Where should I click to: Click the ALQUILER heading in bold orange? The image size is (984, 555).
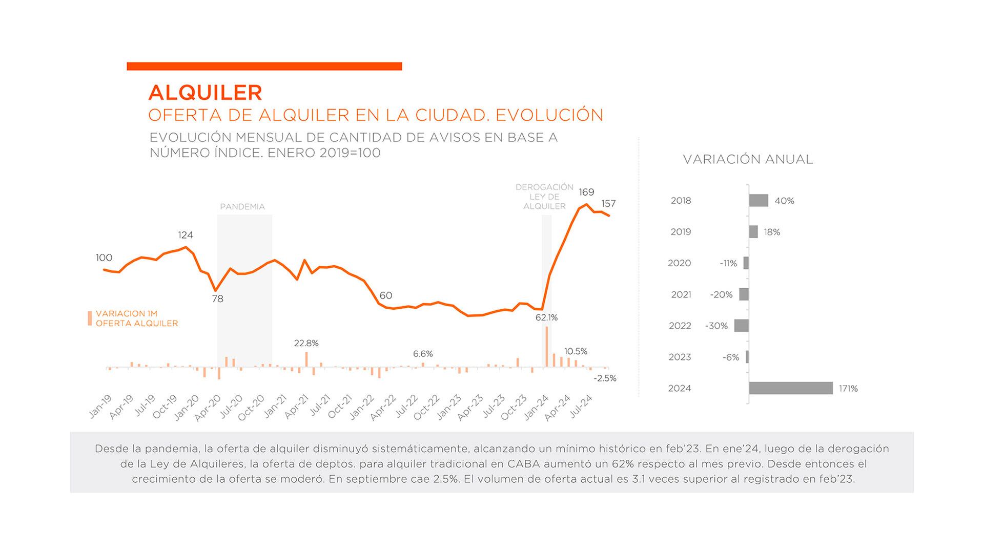point(205,93)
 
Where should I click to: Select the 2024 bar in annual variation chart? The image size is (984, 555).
point(790,388)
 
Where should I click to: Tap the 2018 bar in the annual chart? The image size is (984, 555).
point(758,201)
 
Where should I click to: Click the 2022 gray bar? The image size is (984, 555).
point(741,326)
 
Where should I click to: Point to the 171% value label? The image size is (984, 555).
point(848,389)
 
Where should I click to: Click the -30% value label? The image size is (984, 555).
point(716,326)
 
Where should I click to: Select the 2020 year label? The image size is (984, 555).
point(679,263)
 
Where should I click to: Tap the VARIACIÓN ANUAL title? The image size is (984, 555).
point(748,159)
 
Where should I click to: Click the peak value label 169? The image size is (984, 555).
point(586,192)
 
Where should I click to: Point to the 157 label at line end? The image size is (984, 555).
point(608,204)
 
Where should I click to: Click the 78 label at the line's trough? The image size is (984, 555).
point(218,298)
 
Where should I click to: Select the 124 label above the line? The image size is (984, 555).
point(186,235)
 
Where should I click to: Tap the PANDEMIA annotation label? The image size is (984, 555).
point(242,207)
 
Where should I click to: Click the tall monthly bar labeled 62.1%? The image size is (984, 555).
point(547,347)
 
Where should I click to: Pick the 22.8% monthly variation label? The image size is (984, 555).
point(306,343)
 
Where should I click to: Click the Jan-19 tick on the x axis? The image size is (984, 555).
point(100,407)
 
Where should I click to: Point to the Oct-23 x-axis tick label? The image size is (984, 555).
point(514,408)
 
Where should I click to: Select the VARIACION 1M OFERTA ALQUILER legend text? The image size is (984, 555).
point(137,318)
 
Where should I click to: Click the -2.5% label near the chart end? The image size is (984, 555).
point(605,378)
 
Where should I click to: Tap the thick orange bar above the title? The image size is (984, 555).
point(264,66)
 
